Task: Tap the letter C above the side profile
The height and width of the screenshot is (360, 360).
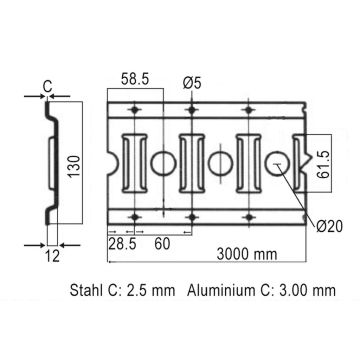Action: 47,87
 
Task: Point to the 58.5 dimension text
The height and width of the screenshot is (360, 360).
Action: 135,77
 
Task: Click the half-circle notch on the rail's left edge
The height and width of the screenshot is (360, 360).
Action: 110,160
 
